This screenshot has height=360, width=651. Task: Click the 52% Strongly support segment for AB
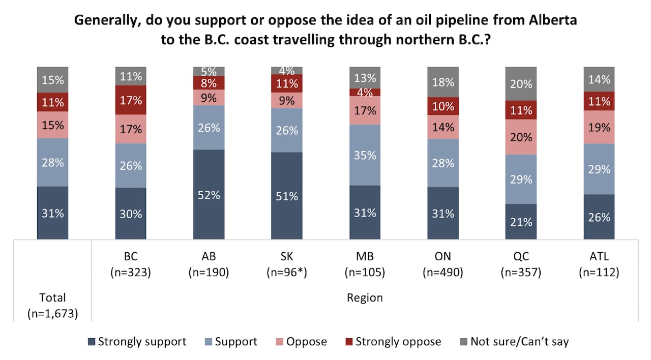point(209,194)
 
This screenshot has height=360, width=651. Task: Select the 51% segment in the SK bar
point(287,195)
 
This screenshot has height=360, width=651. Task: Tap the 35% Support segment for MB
point(365,155)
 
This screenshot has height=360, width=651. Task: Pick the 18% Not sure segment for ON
point(442,82)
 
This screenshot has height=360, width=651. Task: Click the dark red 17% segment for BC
point(131,100)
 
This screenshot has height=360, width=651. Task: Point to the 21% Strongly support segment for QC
point(521,222)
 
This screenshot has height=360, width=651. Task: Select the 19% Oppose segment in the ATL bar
point(599,127)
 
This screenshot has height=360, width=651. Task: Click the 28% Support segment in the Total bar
point(52,162)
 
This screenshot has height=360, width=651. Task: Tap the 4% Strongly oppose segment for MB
point(365,92)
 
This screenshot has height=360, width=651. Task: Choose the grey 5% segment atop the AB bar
point(209,71)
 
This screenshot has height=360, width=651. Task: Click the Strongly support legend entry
point(137,342)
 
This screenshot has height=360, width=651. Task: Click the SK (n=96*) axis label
point(287,264)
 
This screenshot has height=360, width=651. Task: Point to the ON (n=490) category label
point(442,264)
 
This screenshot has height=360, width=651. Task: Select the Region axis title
point(365,297)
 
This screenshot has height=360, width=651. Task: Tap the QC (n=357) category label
point(521,264)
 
